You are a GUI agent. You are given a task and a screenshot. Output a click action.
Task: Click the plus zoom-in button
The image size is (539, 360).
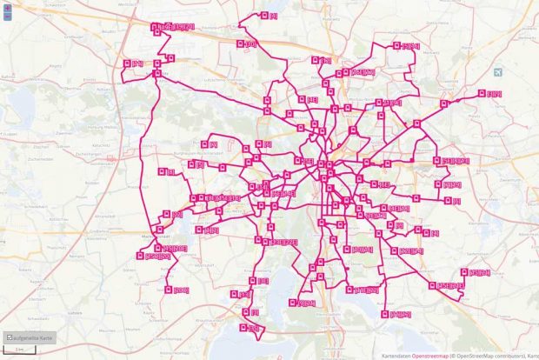point(7,7)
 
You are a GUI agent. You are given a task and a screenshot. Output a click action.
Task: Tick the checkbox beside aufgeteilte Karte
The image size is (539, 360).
point(9,337)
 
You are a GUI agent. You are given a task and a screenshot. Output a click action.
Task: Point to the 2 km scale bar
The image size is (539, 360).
point(18,350)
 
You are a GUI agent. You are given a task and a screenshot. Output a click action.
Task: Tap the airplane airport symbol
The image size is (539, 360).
point(497,72)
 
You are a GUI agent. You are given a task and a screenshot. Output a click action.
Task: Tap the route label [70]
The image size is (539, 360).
point(137,63)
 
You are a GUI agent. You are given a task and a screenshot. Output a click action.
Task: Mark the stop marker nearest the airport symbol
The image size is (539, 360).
point(482,93)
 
